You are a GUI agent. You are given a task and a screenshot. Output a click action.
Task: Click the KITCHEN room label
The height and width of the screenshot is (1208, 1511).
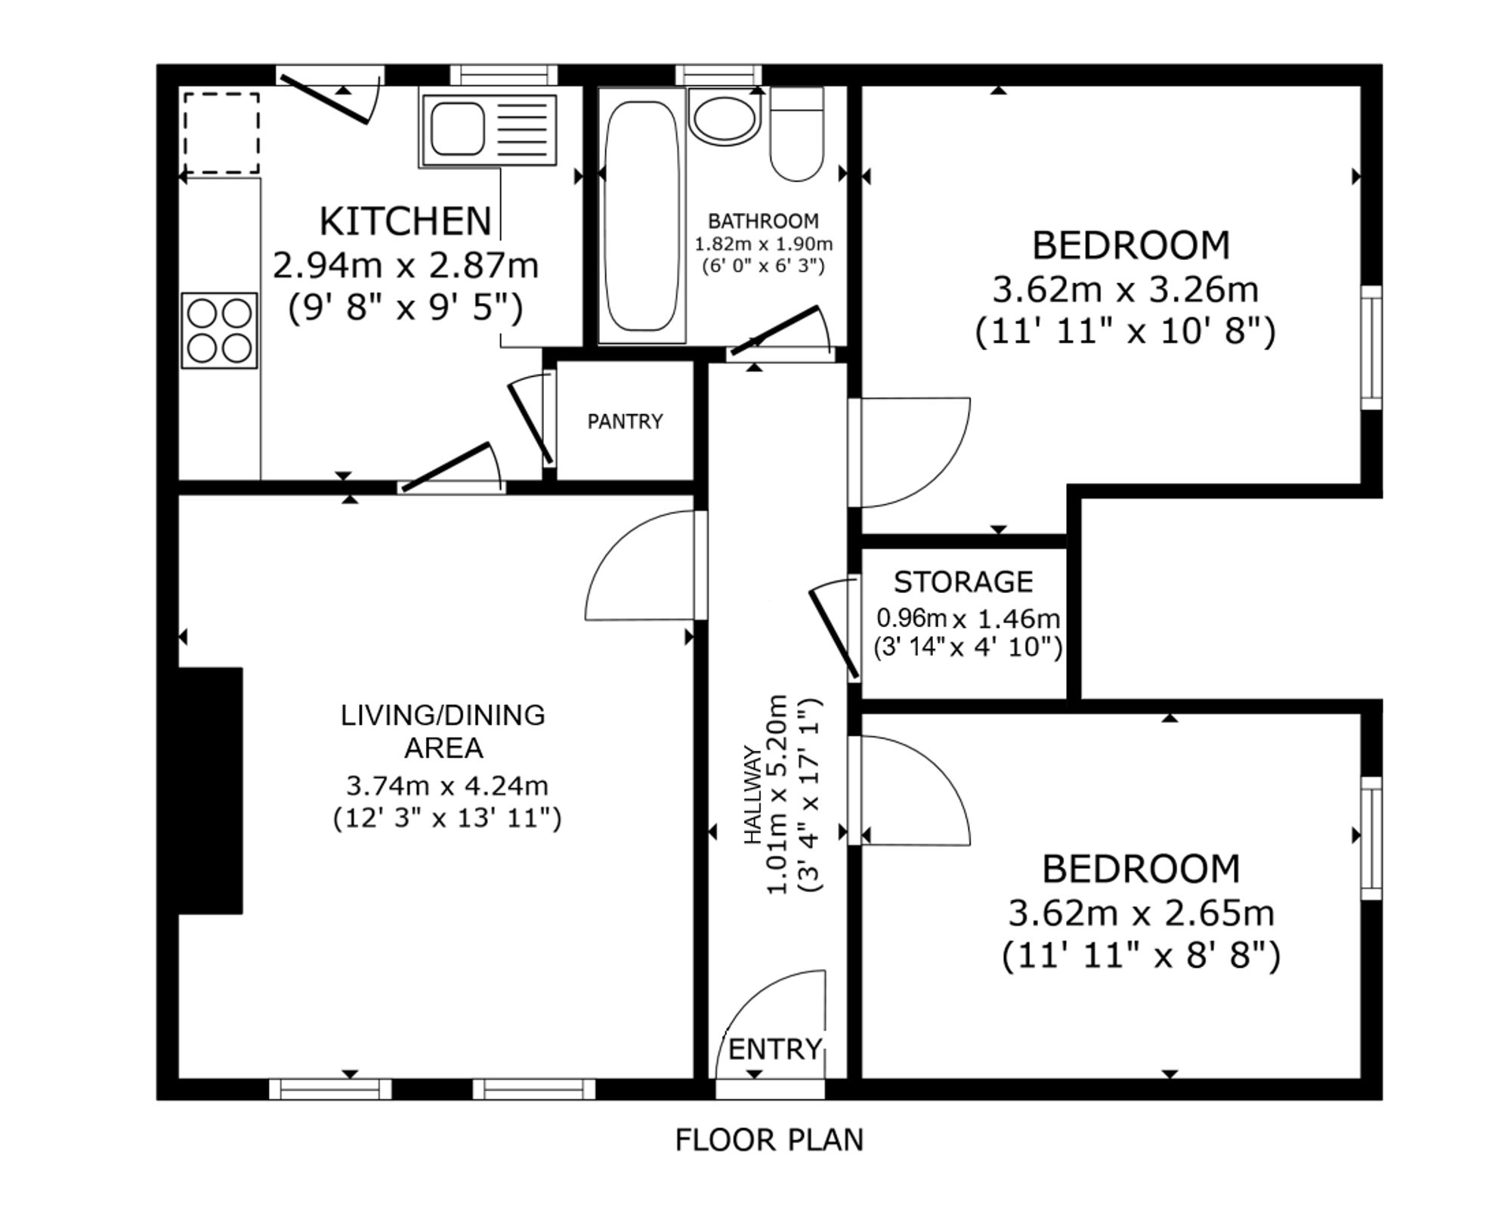(405, 221)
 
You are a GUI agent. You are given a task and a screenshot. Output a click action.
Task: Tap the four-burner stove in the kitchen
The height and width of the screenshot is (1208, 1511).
(219, 331)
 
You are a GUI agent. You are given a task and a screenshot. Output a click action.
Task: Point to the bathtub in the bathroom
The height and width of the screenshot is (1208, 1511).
(642, 215)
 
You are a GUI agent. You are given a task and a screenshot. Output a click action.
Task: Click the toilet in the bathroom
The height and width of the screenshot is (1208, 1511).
(796, 136)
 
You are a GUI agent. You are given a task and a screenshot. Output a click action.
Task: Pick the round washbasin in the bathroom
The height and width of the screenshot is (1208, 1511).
(725, 119)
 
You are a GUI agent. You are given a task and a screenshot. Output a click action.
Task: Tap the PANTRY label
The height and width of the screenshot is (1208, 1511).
(625, 422)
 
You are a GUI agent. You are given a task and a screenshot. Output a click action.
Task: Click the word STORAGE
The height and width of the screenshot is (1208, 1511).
(963, 582)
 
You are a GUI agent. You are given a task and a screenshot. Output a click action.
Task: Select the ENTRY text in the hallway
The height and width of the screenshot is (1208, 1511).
(774, 1049)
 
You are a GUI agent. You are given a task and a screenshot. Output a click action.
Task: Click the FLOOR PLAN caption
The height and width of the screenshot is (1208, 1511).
(769, 1140)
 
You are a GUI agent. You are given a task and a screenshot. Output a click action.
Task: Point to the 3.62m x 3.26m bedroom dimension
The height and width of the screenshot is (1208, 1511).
(1125, 289)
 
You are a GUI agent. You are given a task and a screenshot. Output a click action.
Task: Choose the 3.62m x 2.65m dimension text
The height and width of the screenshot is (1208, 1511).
(1141, 913)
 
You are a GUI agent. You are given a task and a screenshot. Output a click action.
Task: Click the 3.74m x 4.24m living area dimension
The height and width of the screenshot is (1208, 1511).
(447, 786)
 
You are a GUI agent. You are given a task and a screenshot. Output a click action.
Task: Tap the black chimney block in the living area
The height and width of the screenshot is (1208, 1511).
(210, 790)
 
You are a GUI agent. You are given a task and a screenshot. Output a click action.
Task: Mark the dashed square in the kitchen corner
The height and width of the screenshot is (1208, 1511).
(221, 134)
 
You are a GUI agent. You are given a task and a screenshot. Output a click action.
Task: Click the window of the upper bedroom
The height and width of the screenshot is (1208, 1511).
(1371, 348)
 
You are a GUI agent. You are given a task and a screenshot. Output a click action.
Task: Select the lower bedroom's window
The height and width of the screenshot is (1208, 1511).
(1371, 838)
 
